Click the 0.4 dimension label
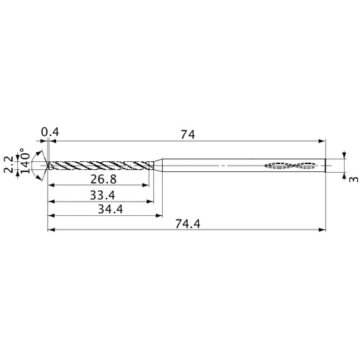coord(50,132)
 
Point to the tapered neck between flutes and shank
coord(158,165)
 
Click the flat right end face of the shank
coord(325,165)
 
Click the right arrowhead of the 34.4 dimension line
coord(158,216)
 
